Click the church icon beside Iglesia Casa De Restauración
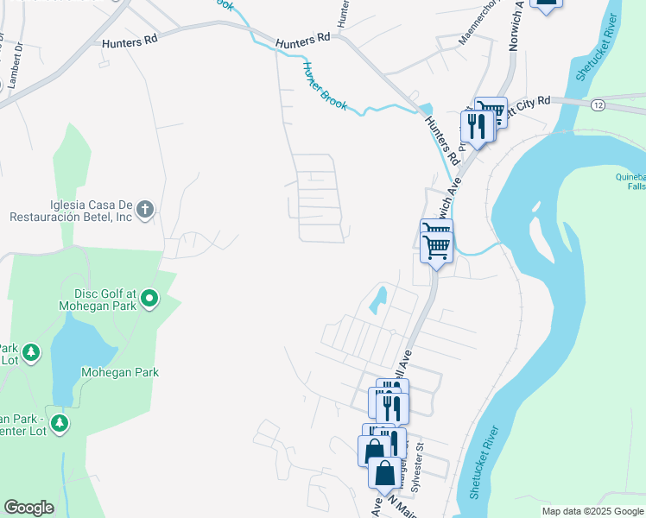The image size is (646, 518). (145, 208)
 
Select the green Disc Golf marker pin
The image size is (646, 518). (149, 299)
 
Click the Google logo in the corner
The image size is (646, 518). (28, 508)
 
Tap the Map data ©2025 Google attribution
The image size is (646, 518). (592, 511)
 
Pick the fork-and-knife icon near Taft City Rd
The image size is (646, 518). (477, 125)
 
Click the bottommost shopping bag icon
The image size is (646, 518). (384, 473)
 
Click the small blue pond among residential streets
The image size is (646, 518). (377, 300)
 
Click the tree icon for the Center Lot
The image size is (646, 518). (60, 422)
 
